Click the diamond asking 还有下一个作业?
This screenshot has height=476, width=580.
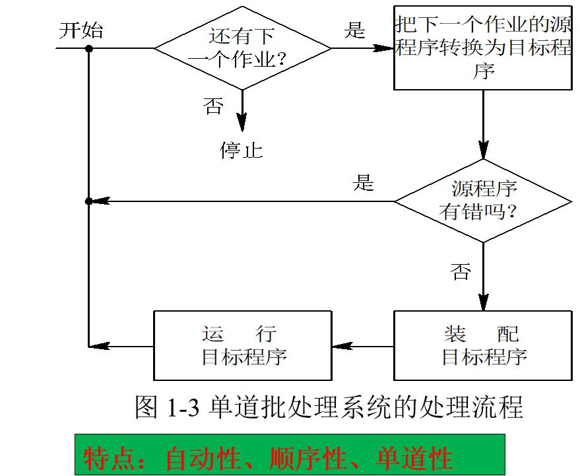point(242,48)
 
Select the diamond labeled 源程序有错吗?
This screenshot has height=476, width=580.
point(482,201)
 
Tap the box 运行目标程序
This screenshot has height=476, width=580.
point(242,345)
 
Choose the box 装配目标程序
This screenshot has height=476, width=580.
point(482,345)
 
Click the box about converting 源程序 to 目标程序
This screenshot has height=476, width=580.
point(482,48)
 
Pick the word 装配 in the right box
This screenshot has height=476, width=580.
point(481,333)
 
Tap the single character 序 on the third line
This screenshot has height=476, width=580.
point(484,71)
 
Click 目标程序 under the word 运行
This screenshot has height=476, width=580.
point(244,357)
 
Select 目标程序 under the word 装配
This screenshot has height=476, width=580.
point(484,357)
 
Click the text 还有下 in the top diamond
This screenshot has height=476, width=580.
point(242,36)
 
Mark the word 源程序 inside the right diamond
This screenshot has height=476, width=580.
point(484,189)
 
